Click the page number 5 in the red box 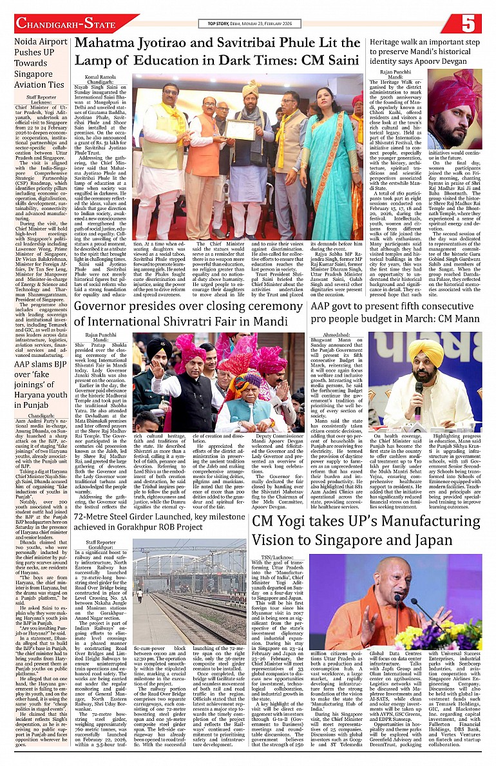point(468,24)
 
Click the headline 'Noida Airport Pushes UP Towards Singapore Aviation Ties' point(39,62)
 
